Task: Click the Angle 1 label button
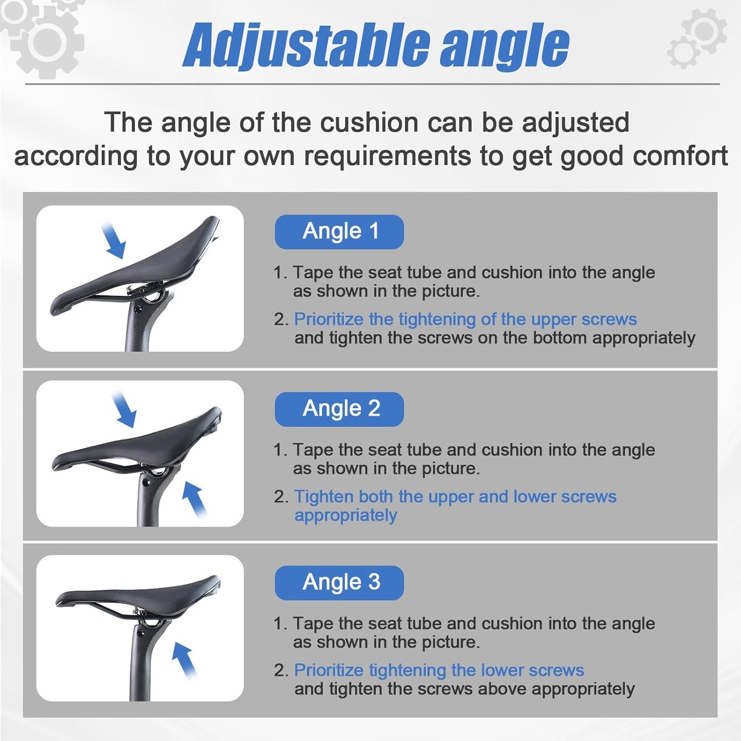coord(339,232)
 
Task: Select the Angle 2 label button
coord(339,409)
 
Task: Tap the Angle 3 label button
coord(339,583)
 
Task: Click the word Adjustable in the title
coord(306,46)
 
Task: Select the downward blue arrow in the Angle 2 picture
coord(125,409)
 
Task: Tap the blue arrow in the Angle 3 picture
coord(184,660)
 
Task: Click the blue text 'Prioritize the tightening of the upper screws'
coord(465,320)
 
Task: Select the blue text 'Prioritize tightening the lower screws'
coord(439,671)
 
